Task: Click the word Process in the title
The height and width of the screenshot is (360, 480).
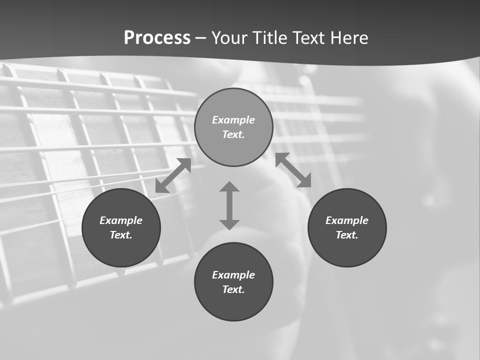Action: pyautogui.click(x=157, y=38)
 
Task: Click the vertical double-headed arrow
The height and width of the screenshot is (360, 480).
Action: pyautogui.click(x=229, y=205)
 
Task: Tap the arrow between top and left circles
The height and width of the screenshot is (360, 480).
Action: pyautogui.click(x=173, y=175)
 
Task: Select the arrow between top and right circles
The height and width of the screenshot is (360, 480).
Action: pyautogui.click(x=293, y=170)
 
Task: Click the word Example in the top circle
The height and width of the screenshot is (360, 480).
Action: pyautogui.click(x=233, y=120)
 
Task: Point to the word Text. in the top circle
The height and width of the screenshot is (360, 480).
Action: pyautogui.click(x=233, y=134)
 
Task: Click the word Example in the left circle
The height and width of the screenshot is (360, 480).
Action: pyautogui.click(x=121, y=220)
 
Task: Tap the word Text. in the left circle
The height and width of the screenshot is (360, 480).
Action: pyautogui.click(x=121, y=235)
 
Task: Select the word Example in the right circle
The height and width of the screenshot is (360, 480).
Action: pyautogui.click(x=347, y=220)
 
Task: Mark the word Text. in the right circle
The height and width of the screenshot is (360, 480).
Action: pyautogui.click(x=347, y=235)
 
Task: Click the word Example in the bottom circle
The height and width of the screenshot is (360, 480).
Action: pyautogui.click(x=233, y=275)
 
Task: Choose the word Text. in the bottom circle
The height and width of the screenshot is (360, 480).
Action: pyautogui.click(x=233, y=289)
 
